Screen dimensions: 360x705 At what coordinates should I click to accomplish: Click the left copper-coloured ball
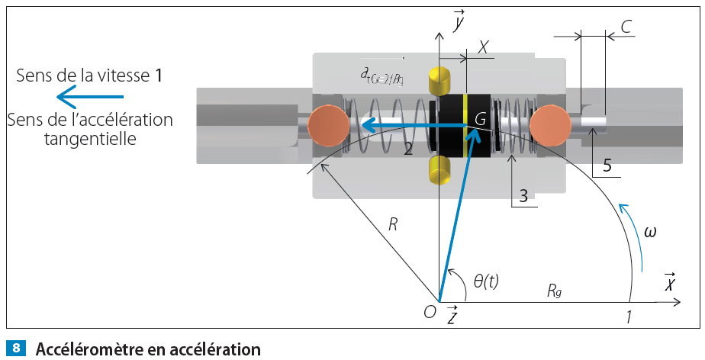[x=329, y=126]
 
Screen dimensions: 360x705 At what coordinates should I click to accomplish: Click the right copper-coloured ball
[x=551, y=125]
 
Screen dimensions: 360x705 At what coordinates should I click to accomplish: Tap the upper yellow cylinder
[x=441, y=79]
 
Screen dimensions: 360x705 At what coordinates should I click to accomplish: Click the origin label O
[x=430, y=310]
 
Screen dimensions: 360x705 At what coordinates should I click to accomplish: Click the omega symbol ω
[x=650, y=231]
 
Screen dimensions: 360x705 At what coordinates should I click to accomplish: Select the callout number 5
[x=607, y=165]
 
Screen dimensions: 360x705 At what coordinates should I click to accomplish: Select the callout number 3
[x=523, y=196]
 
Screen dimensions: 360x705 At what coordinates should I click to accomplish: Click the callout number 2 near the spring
[x=409, y=149]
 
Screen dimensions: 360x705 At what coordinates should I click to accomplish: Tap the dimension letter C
[x=626, y=27]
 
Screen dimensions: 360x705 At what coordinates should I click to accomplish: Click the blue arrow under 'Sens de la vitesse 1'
[x=90, y=97]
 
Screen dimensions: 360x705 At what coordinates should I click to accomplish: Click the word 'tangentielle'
[x=90, y=140]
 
